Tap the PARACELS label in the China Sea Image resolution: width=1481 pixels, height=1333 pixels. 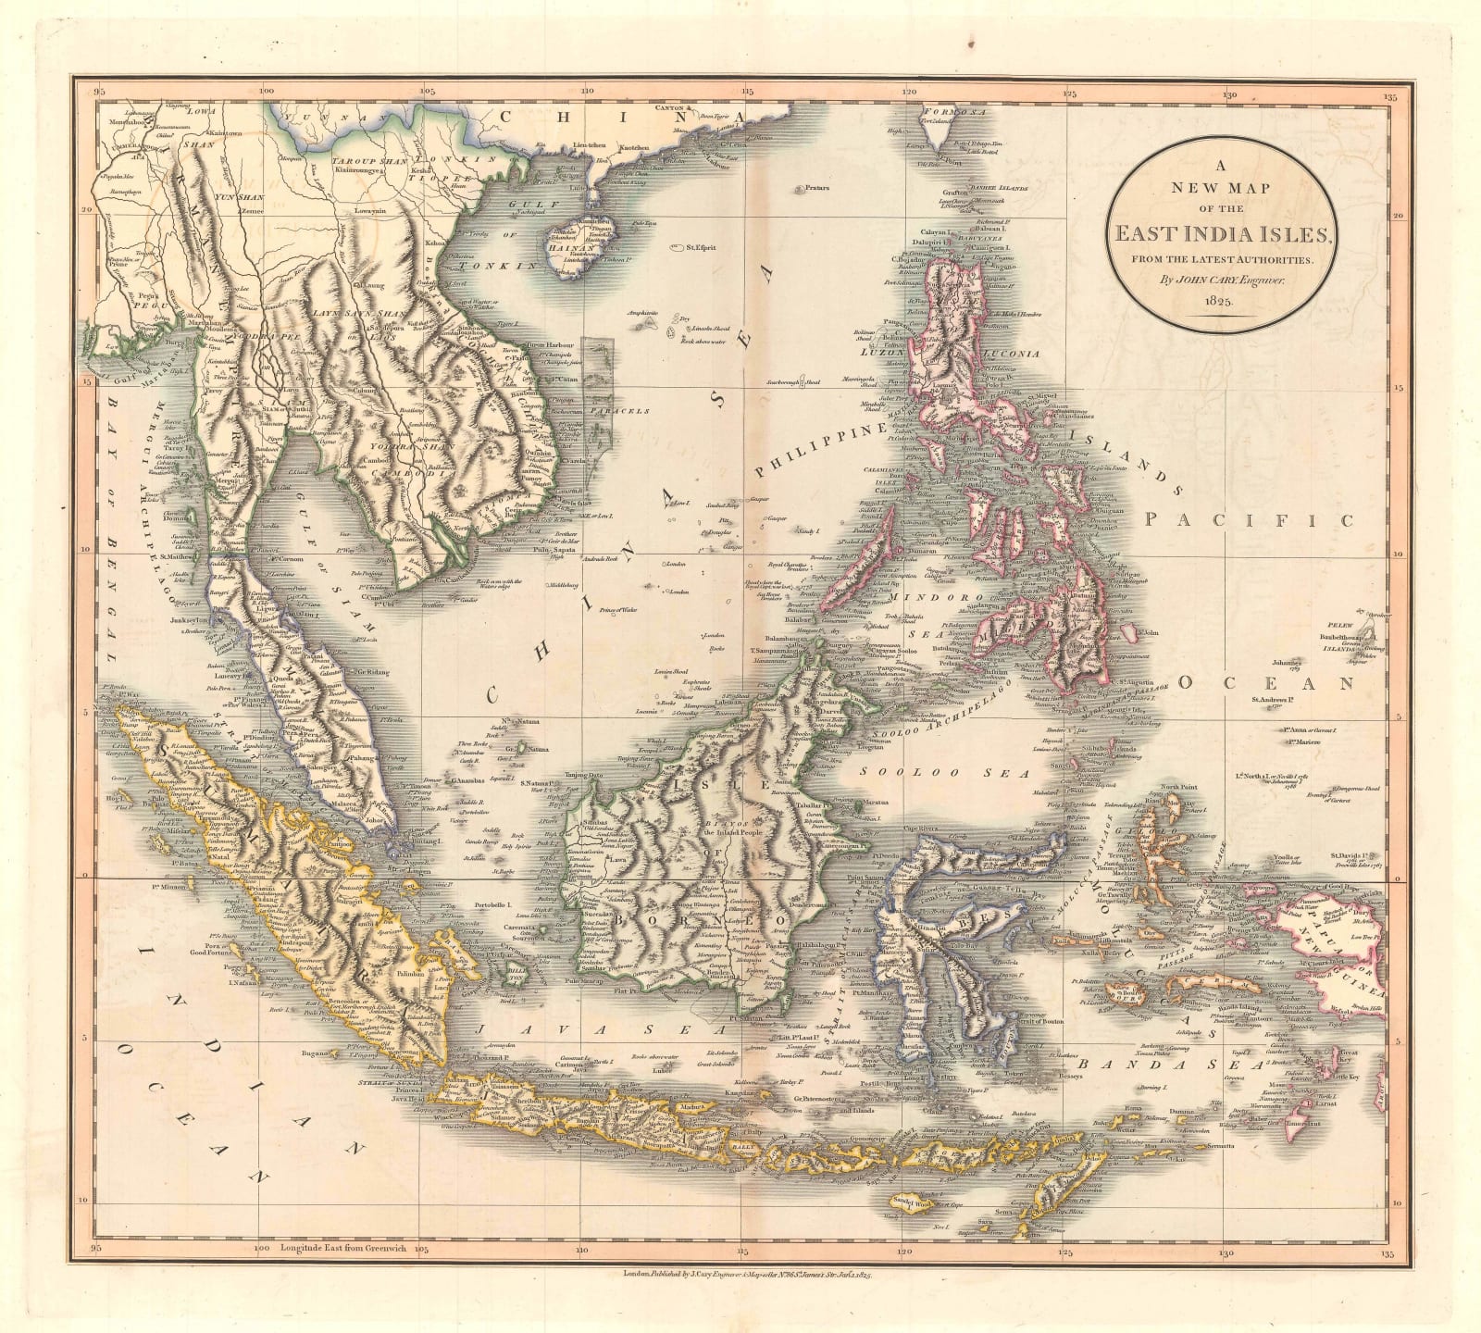(x=620, y=410)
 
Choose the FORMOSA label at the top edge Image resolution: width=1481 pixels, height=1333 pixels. (x=949, y=110)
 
